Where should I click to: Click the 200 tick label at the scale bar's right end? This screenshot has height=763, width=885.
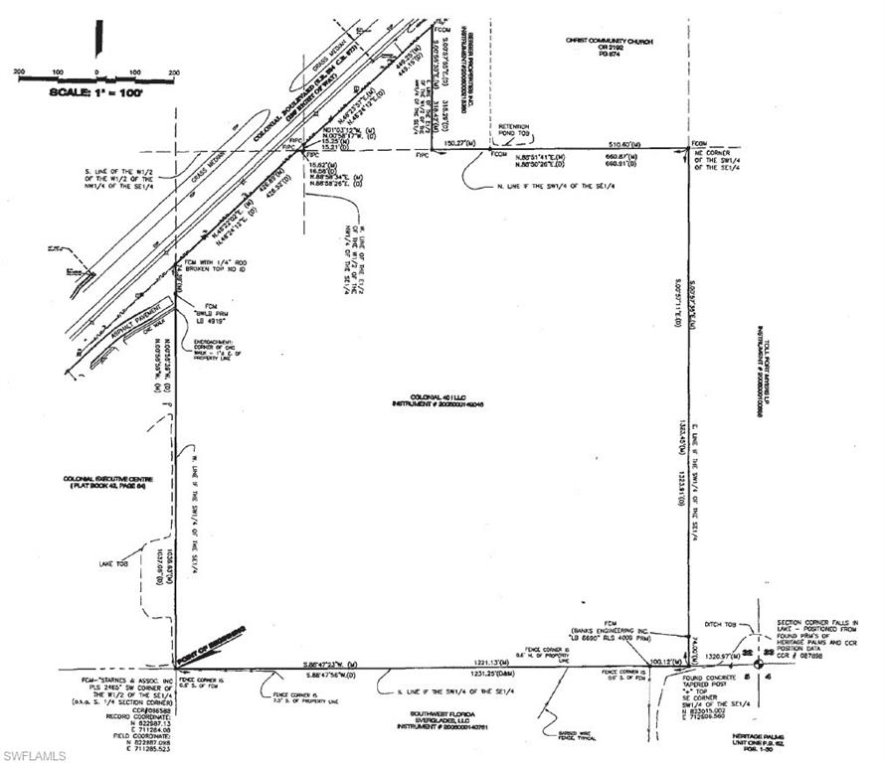pos(174,72)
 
